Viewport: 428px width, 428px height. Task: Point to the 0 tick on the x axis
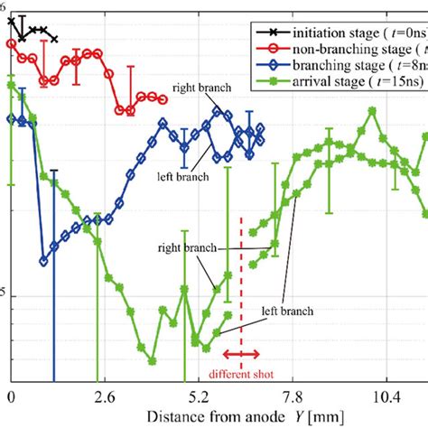click(10, 396)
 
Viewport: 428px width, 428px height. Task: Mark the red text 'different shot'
click(241, 373)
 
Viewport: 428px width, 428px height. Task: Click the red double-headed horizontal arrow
click(241, 354)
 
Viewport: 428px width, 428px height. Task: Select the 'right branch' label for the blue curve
click(204, 88)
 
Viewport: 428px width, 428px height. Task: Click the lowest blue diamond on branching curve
click(43, 261)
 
